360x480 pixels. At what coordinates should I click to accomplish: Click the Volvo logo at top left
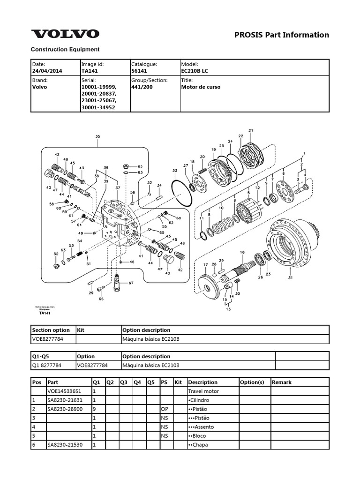coord(65,34)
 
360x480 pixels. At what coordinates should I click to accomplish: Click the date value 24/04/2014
coord(47,71)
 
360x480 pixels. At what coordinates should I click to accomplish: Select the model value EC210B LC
coord(195,71)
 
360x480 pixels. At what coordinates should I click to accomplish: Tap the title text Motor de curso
coord(201,87)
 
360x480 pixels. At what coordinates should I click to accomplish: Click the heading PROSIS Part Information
coord(282,35)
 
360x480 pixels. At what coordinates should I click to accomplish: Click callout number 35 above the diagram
coord(97,136)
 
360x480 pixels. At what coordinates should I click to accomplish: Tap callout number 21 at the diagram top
coord(251,130)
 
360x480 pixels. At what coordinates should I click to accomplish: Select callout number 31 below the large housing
coord(290,277)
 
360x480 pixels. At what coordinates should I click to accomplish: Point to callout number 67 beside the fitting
coord(131,283)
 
